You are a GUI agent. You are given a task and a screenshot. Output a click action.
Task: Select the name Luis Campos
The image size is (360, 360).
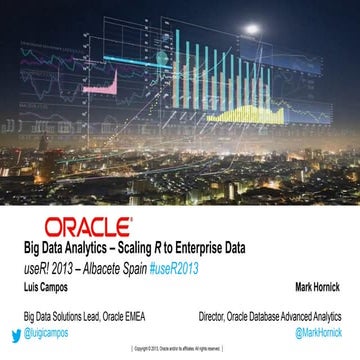pyautogui.click(x=47, y=285)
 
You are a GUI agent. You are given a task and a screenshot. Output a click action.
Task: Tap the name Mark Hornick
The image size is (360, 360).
pyautogui.click(x=317, y=285)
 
